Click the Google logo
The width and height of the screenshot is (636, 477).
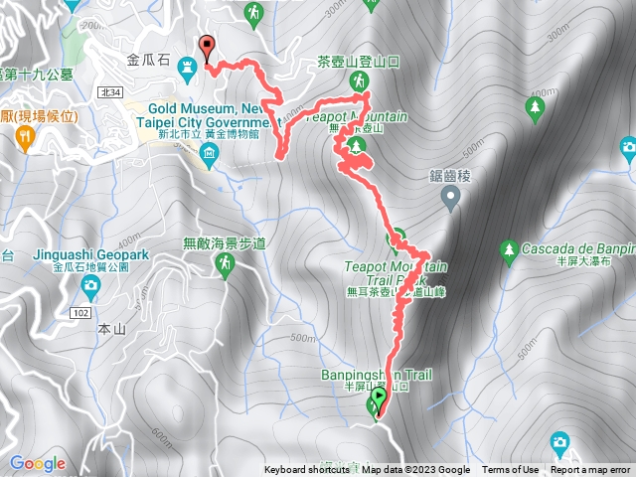(38, 463)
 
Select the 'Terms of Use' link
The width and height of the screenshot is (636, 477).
(510, 470)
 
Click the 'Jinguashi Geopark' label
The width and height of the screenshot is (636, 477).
(88, 255)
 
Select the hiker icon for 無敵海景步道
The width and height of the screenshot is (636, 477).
(225, 263)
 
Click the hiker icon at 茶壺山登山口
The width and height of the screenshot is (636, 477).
(358, 80)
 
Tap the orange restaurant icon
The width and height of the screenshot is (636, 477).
(27, 137)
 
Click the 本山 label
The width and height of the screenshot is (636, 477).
(109, 328)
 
